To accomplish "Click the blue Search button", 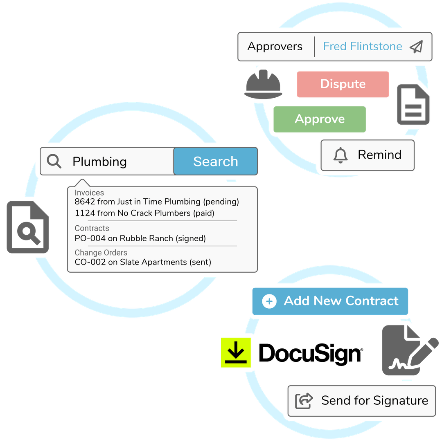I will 215,162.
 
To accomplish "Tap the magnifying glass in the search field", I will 54,161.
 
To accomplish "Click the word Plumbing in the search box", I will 99,162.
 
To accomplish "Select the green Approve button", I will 320,119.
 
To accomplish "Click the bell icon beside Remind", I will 341,155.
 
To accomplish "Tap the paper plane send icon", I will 416,47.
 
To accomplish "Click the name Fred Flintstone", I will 362,47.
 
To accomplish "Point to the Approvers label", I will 275,47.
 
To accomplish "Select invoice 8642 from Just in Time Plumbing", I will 157,202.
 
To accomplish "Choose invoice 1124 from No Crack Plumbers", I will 144,213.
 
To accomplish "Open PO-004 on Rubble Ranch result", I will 140,238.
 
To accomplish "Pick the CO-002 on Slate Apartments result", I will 143,262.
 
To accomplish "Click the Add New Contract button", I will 330,301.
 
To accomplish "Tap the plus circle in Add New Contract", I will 269,302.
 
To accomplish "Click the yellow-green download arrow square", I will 236,352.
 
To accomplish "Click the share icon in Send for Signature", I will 304,401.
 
